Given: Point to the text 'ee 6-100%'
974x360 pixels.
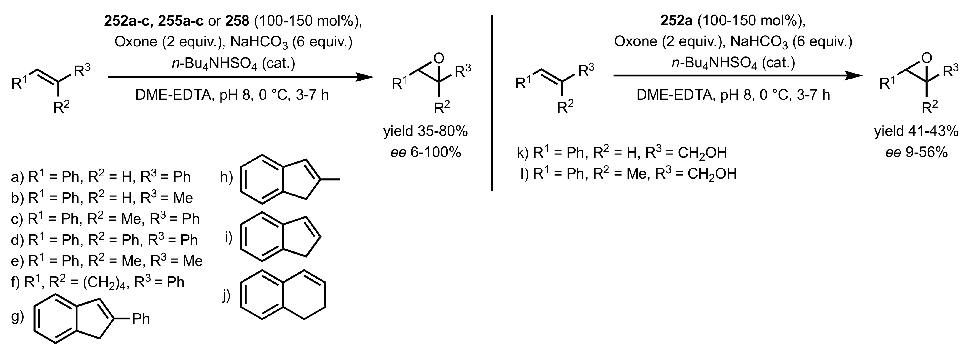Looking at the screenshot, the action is click(x=426, y=153).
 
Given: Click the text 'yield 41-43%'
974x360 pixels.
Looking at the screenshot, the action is click(x=916, y=131).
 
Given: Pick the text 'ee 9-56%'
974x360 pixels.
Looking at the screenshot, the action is click(x=916, y=153).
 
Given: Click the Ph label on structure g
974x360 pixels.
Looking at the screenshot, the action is click(x=141, y=319).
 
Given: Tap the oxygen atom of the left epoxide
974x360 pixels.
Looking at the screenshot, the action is click(x=438, y=58).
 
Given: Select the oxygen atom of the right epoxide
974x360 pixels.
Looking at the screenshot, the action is click(x=926, y=57).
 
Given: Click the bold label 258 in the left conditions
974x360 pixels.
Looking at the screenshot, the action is click(x=237, y=21).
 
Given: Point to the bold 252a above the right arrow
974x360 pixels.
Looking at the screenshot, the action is click(x=676, y=21).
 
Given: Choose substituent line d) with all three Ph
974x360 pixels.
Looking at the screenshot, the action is click(x=104, y=240).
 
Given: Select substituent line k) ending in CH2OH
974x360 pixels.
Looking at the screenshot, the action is click(x=622, y=152).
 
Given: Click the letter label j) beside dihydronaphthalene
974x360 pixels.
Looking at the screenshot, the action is click(x=226, y=296).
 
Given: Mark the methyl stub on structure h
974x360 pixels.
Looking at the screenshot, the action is click(x=331, y=180).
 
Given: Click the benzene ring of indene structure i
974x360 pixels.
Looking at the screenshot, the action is click(x=262, y=237).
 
